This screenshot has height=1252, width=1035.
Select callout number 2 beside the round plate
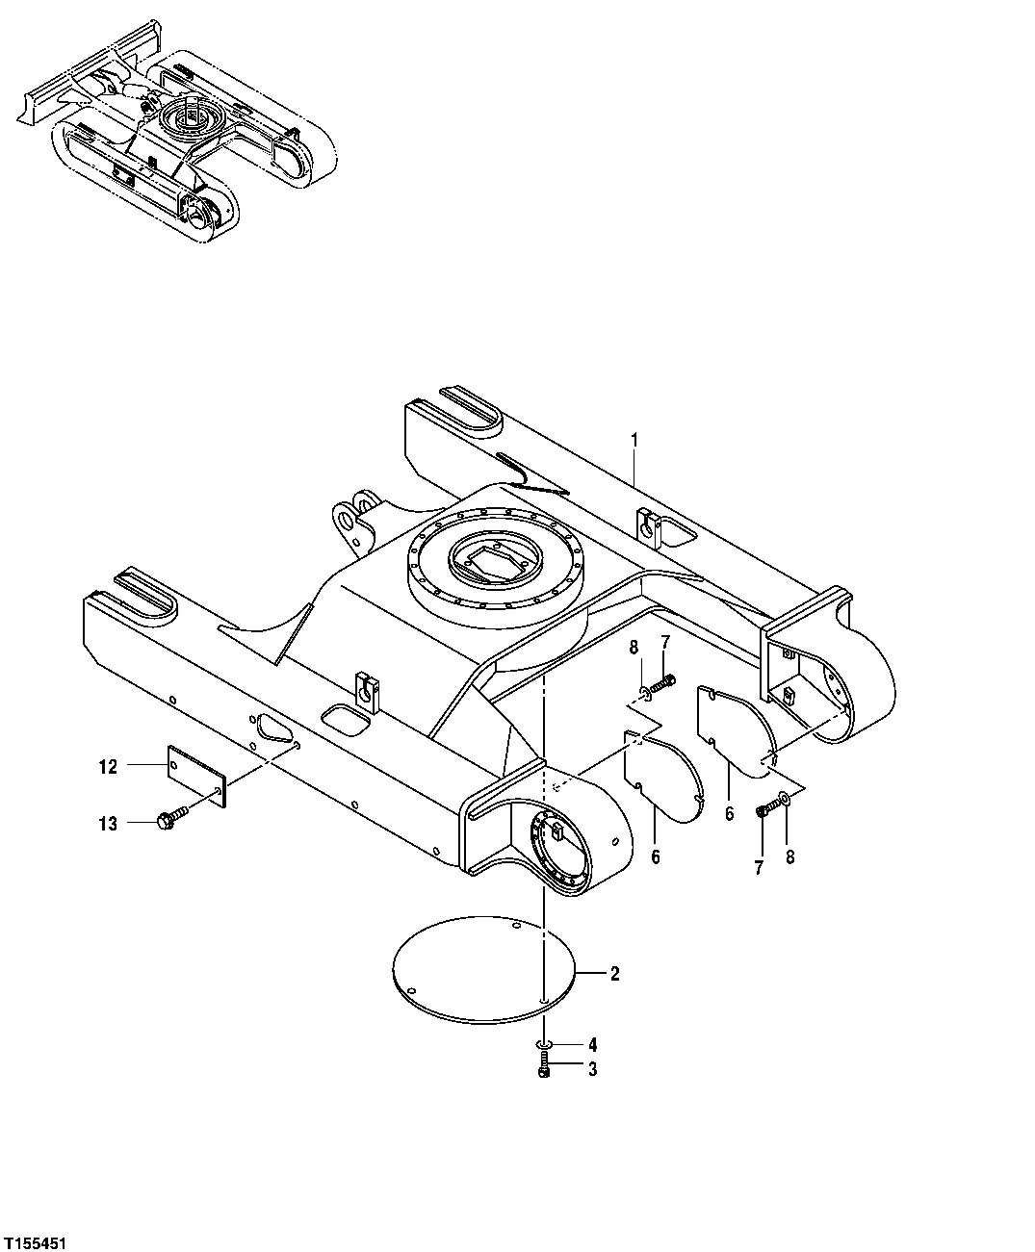[x=614, y=974]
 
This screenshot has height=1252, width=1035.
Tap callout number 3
[x=592, y=1069]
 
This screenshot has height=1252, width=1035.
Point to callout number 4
[x=592, y=1044]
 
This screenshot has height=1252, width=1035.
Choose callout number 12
[x=107, y=767]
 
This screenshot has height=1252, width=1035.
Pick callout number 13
[x=107, y=824]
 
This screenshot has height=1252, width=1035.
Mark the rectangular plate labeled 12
[x=197, y=776]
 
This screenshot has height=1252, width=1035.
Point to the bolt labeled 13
[x=169, y=820]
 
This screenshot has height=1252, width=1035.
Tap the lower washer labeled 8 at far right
[x=787, y=798]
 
